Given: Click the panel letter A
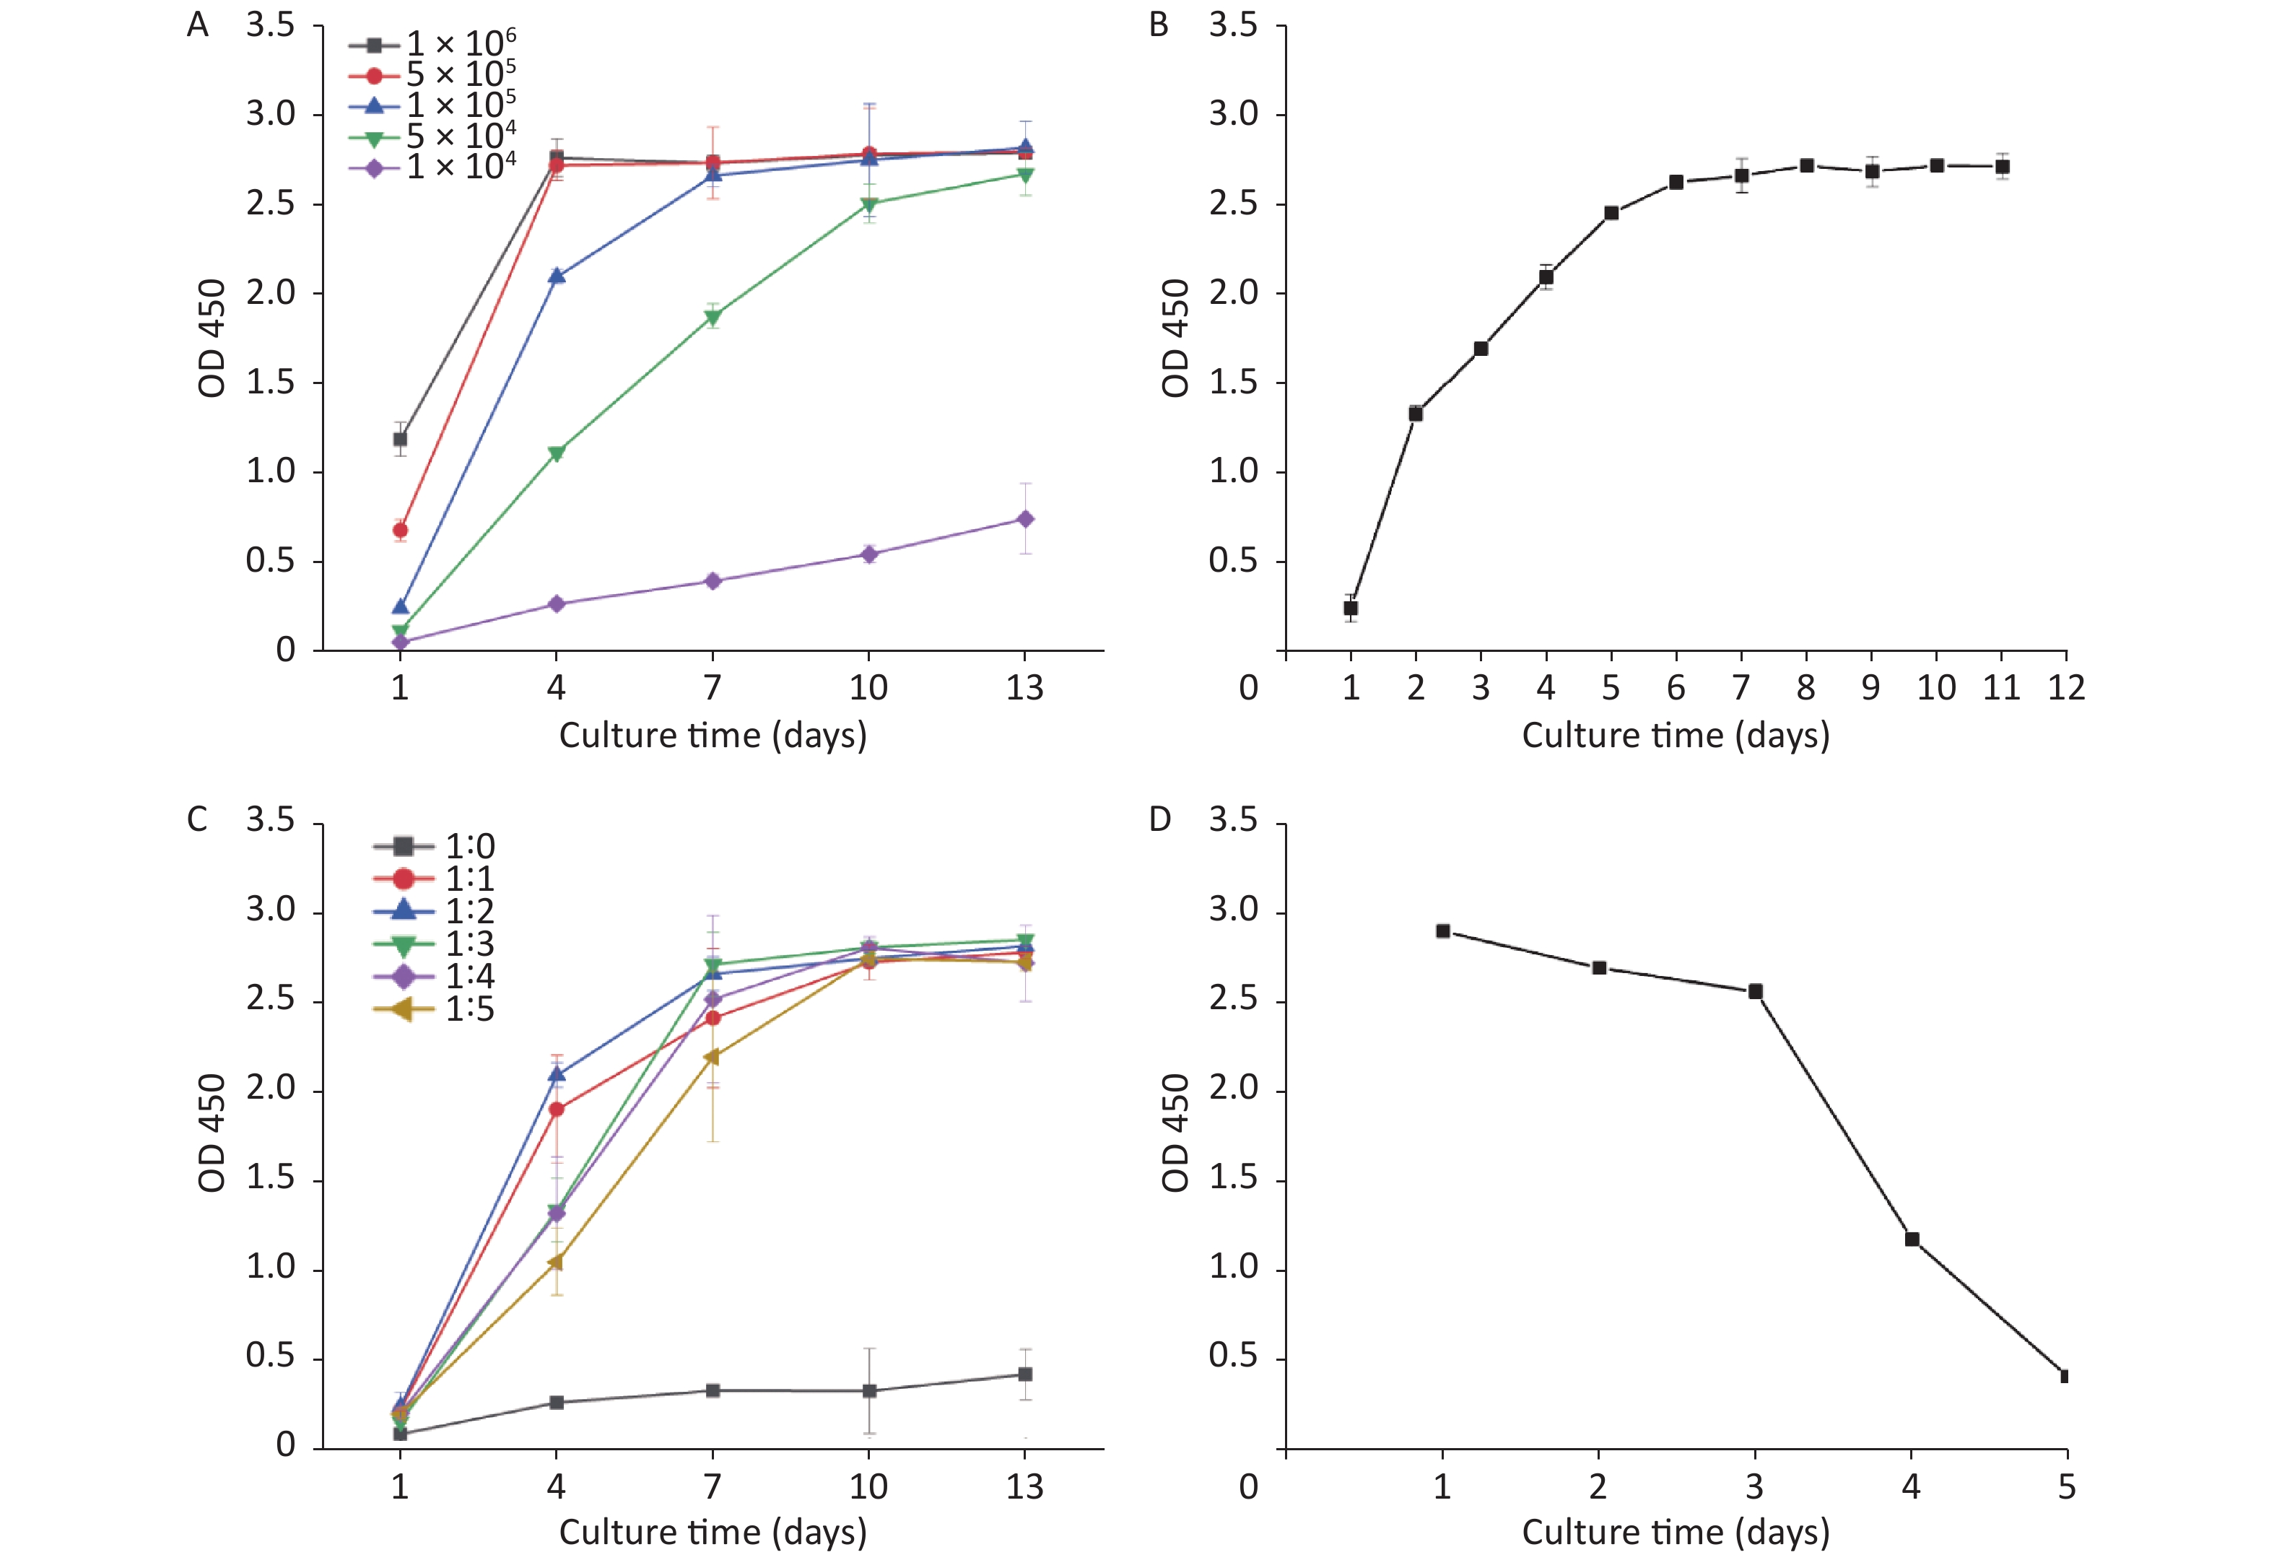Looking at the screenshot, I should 198,25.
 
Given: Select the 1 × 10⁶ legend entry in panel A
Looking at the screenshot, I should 432,44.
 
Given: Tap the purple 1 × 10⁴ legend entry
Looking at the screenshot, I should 432,167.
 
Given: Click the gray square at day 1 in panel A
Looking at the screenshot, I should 399,438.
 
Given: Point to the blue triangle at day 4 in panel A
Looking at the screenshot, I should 556,276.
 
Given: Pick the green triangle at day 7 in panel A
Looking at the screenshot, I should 713,317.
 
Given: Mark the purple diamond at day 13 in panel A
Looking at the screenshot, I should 1024,519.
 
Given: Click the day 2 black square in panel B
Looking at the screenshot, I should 1415,414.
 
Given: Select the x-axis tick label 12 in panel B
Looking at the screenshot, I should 2065,688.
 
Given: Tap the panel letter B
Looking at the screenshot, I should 1159,25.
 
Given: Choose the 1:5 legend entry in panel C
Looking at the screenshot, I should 435,1009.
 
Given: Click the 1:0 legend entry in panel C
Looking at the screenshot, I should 435,845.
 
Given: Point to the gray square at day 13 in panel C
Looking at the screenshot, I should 1024,1374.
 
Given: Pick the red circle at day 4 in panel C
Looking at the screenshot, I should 556,1109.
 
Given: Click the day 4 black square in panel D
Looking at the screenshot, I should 1911,1239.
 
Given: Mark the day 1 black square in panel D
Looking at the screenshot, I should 1442,931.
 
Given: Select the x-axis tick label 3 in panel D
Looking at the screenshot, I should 1754,1486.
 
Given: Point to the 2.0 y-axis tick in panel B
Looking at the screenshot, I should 1233,292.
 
